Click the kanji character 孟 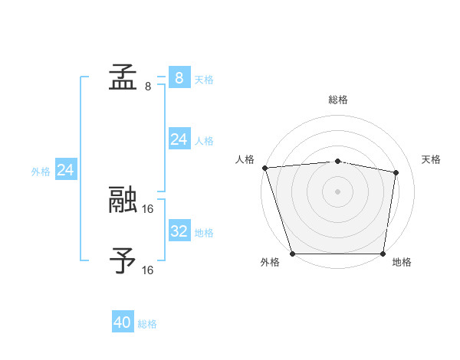click(123, 77)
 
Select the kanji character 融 click(123, 201)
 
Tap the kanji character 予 click(123, 260)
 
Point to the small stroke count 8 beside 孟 click(147, 86)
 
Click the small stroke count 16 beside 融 click(148, 208)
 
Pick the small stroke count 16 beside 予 click(148, 270)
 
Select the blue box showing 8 click(179, 77)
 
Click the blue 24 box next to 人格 click(179, 139)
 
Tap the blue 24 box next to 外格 click(66, 170)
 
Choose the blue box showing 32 click(179, 231)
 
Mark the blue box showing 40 click(123, 322)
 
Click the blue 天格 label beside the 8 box click(204, 79)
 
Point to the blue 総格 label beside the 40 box click(147, 324)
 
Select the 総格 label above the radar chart click(338, 100)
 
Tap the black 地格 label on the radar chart click(402, 263)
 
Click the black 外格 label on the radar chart click(270, 263)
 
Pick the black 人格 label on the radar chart click(245, 159)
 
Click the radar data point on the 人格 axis click(264, 168)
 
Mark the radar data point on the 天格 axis click(396, 173)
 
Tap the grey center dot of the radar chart click(338, 191)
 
